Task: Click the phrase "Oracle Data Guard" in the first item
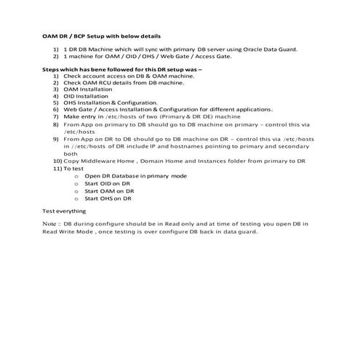pos(272,49)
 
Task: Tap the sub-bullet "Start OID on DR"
pos(107,183)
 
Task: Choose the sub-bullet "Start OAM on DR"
pos(108,191)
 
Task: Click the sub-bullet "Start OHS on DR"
pos(108,198)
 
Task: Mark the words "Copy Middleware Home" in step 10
pos(96,161)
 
